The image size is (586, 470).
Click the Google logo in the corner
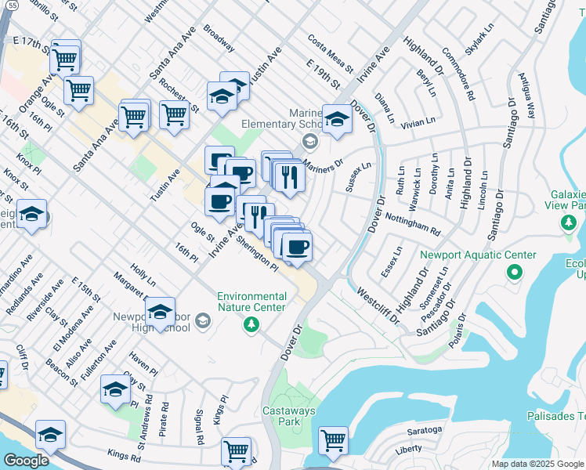click(x=26, y=461)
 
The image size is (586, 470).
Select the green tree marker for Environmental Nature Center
click(x=251, y=324)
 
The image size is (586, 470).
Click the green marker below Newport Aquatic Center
click(x=514, y=273)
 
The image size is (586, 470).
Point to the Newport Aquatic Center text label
click(x=478, y=255)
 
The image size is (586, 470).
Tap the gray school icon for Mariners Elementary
click(x=310, y=141)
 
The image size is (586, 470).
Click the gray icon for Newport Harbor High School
click(x=203, y=320)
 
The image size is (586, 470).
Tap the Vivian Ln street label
click(x=418, y=122)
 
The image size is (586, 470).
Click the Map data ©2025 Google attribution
click(x=537, y=464)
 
